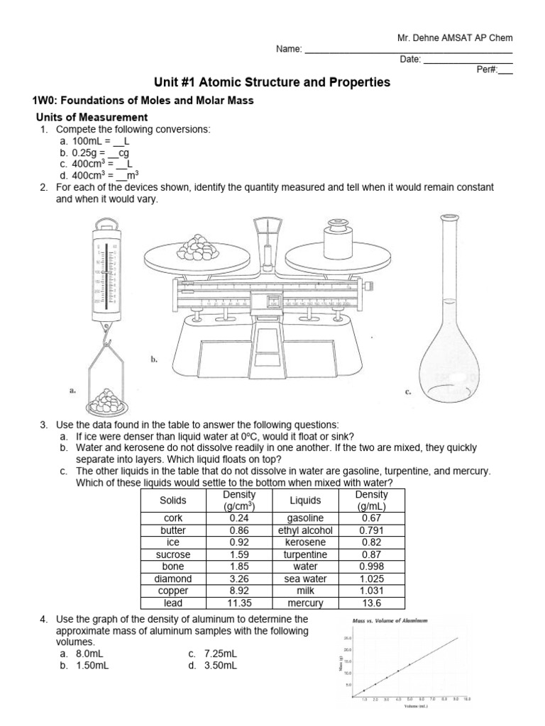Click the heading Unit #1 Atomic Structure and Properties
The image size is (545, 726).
[272, 82]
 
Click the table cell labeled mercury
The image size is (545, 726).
[305, 603]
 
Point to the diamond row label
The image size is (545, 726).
[172, 579]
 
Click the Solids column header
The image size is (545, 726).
[172, 500]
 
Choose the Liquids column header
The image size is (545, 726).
[305, 500]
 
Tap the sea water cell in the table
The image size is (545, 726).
[305, 579]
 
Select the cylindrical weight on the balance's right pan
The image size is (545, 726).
[339, 238]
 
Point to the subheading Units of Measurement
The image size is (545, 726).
[92, 117]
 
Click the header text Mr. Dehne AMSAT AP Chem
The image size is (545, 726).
[453, 38]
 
